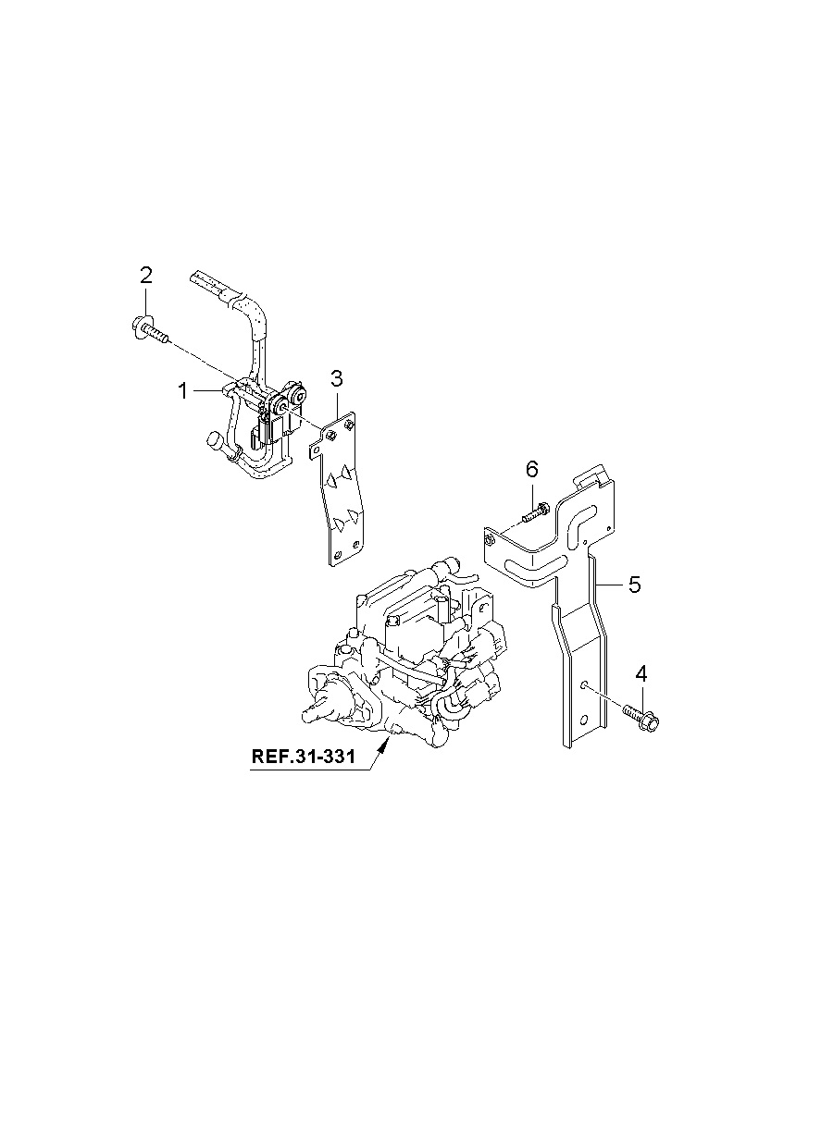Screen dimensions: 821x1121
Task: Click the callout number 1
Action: point(183,391)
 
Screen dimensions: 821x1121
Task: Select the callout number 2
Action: point(145,276)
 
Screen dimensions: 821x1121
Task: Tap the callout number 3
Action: point(337,379)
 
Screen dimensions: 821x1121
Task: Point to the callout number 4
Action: point(641,674)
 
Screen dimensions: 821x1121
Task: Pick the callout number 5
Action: point(634,584)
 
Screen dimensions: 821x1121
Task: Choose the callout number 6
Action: point(532,470)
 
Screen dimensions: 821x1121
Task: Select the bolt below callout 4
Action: point(641,717)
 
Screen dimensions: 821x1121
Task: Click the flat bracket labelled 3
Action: point(338,487)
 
